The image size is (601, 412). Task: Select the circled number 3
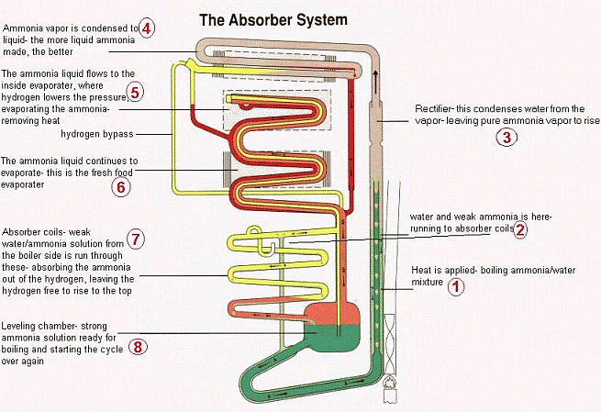[x=506, y=138]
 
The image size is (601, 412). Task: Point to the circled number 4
[x=147, y=28]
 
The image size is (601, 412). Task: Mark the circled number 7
[x=135, y=239]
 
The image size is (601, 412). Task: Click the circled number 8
[x=138, y=346]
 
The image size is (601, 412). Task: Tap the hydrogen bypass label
[x=96, y=134]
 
